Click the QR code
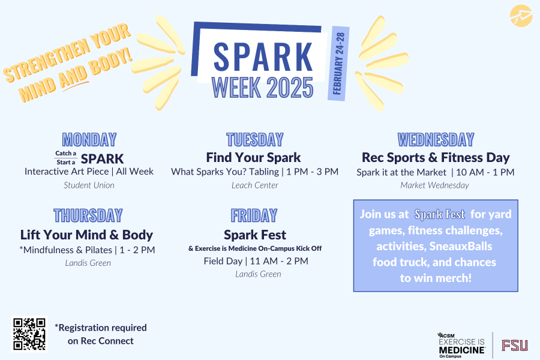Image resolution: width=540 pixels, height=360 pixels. [x=29, y=334]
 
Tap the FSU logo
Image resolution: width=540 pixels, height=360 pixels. [x=515, y=345]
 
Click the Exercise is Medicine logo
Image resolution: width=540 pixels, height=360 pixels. [x=461, y=345]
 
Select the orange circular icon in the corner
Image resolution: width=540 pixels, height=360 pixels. [x=521, y=16]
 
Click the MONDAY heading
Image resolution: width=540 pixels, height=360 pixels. [x=89, y=140]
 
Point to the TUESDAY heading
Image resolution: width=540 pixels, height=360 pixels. [x=255, y=140]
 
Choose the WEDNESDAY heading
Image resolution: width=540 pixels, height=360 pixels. [x=436, y=140]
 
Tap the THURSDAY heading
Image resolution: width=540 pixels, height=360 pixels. [x=88, y=215]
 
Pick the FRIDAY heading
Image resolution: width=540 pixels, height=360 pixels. [x=254, y=215]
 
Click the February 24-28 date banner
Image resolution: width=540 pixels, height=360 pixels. [x=338, y=64]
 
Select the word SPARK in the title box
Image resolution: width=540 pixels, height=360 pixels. [x=263, y=57]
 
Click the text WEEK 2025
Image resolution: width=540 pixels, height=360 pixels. [x=262, y=88]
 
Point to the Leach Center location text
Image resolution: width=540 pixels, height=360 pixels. [x=255, y=185]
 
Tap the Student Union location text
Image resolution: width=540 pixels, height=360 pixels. [x=89, y=185]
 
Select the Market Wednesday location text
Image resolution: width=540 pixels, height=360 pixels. [x=434, y=185]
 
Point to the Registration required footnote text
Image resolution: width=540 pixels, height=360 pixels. [x=101, y=334]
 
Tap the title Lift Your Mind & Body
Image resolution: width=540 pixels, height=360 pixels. [x=86, y=235]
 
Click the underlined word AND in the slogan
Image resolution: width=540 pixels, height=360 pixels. [x=73, y=77]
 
